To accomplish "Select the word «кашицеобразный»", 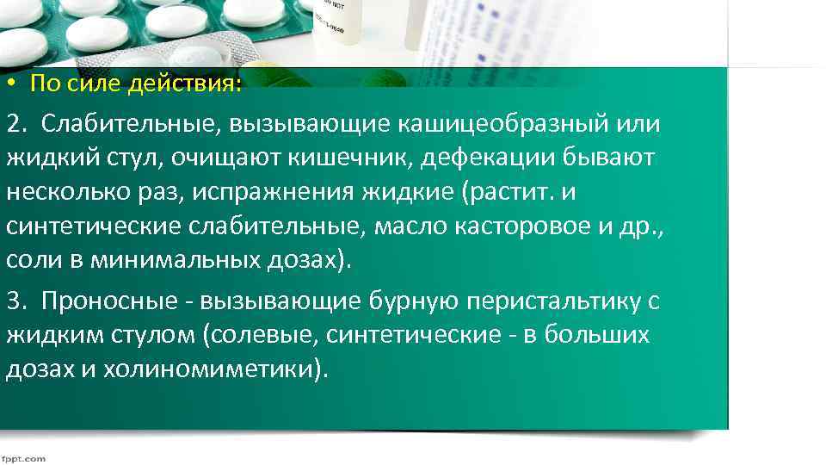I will point(502,123).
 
